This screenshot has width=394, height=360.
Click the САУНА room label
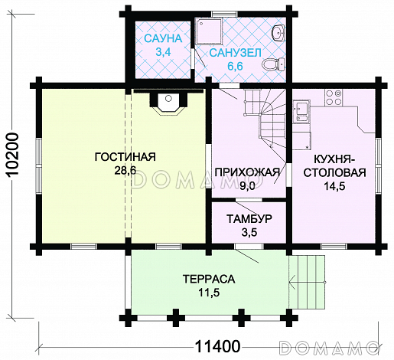tap(163, 38)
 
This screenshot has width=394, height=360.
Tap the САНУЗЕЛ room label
tap(236, 52)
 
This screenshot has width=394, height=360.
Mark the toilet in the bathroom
tap(269, 67)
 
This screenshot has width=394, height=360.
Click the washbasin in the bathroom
tap(278, 31)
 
